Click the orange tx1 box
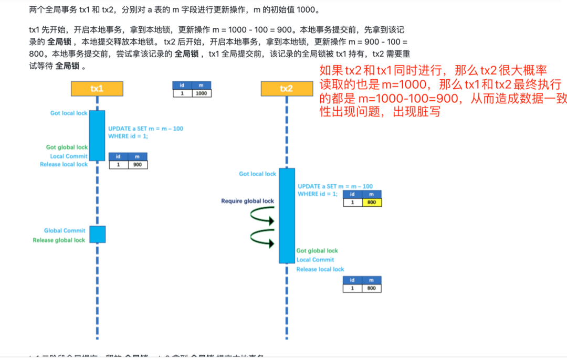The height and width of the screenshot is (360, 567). pos(97,89)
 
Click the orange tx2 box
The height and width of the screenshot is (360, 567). pos(286,89)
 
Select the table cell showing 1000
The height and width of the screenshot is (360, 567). pos(201,93)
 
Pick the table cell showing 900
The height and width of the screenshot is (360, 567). pos(138,164)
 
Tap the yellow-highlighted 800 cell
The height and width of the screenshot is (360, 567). pos(372,202)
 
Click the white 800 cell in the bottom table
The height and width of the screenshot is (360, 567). pos(372,288)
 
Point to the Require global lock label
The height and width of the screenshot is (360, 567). pos(247,201)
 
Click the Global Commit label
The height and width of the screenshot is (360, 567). pos(65,230)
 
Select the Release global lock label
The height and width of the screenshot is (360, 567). pos(59,240)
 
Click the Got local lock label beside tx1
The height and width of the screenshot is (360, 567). pos(69,113)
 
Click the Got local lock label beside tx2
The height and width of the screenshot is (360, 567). pos(257,174)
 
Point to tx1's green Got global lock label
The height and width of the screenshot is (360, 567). pos(67,147)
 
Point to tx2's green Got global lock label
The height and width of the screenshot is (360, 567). pos(317,251)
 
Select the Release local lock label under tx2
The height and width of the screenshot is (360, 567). pos(320,269)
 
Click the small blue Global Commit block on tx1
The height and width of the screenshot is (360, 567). pos(97,234)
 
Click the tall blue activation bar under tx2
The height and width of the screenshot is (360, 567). pos(287,215)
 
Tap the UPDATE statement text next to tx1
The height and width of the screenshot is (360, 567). pos(145,132)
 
